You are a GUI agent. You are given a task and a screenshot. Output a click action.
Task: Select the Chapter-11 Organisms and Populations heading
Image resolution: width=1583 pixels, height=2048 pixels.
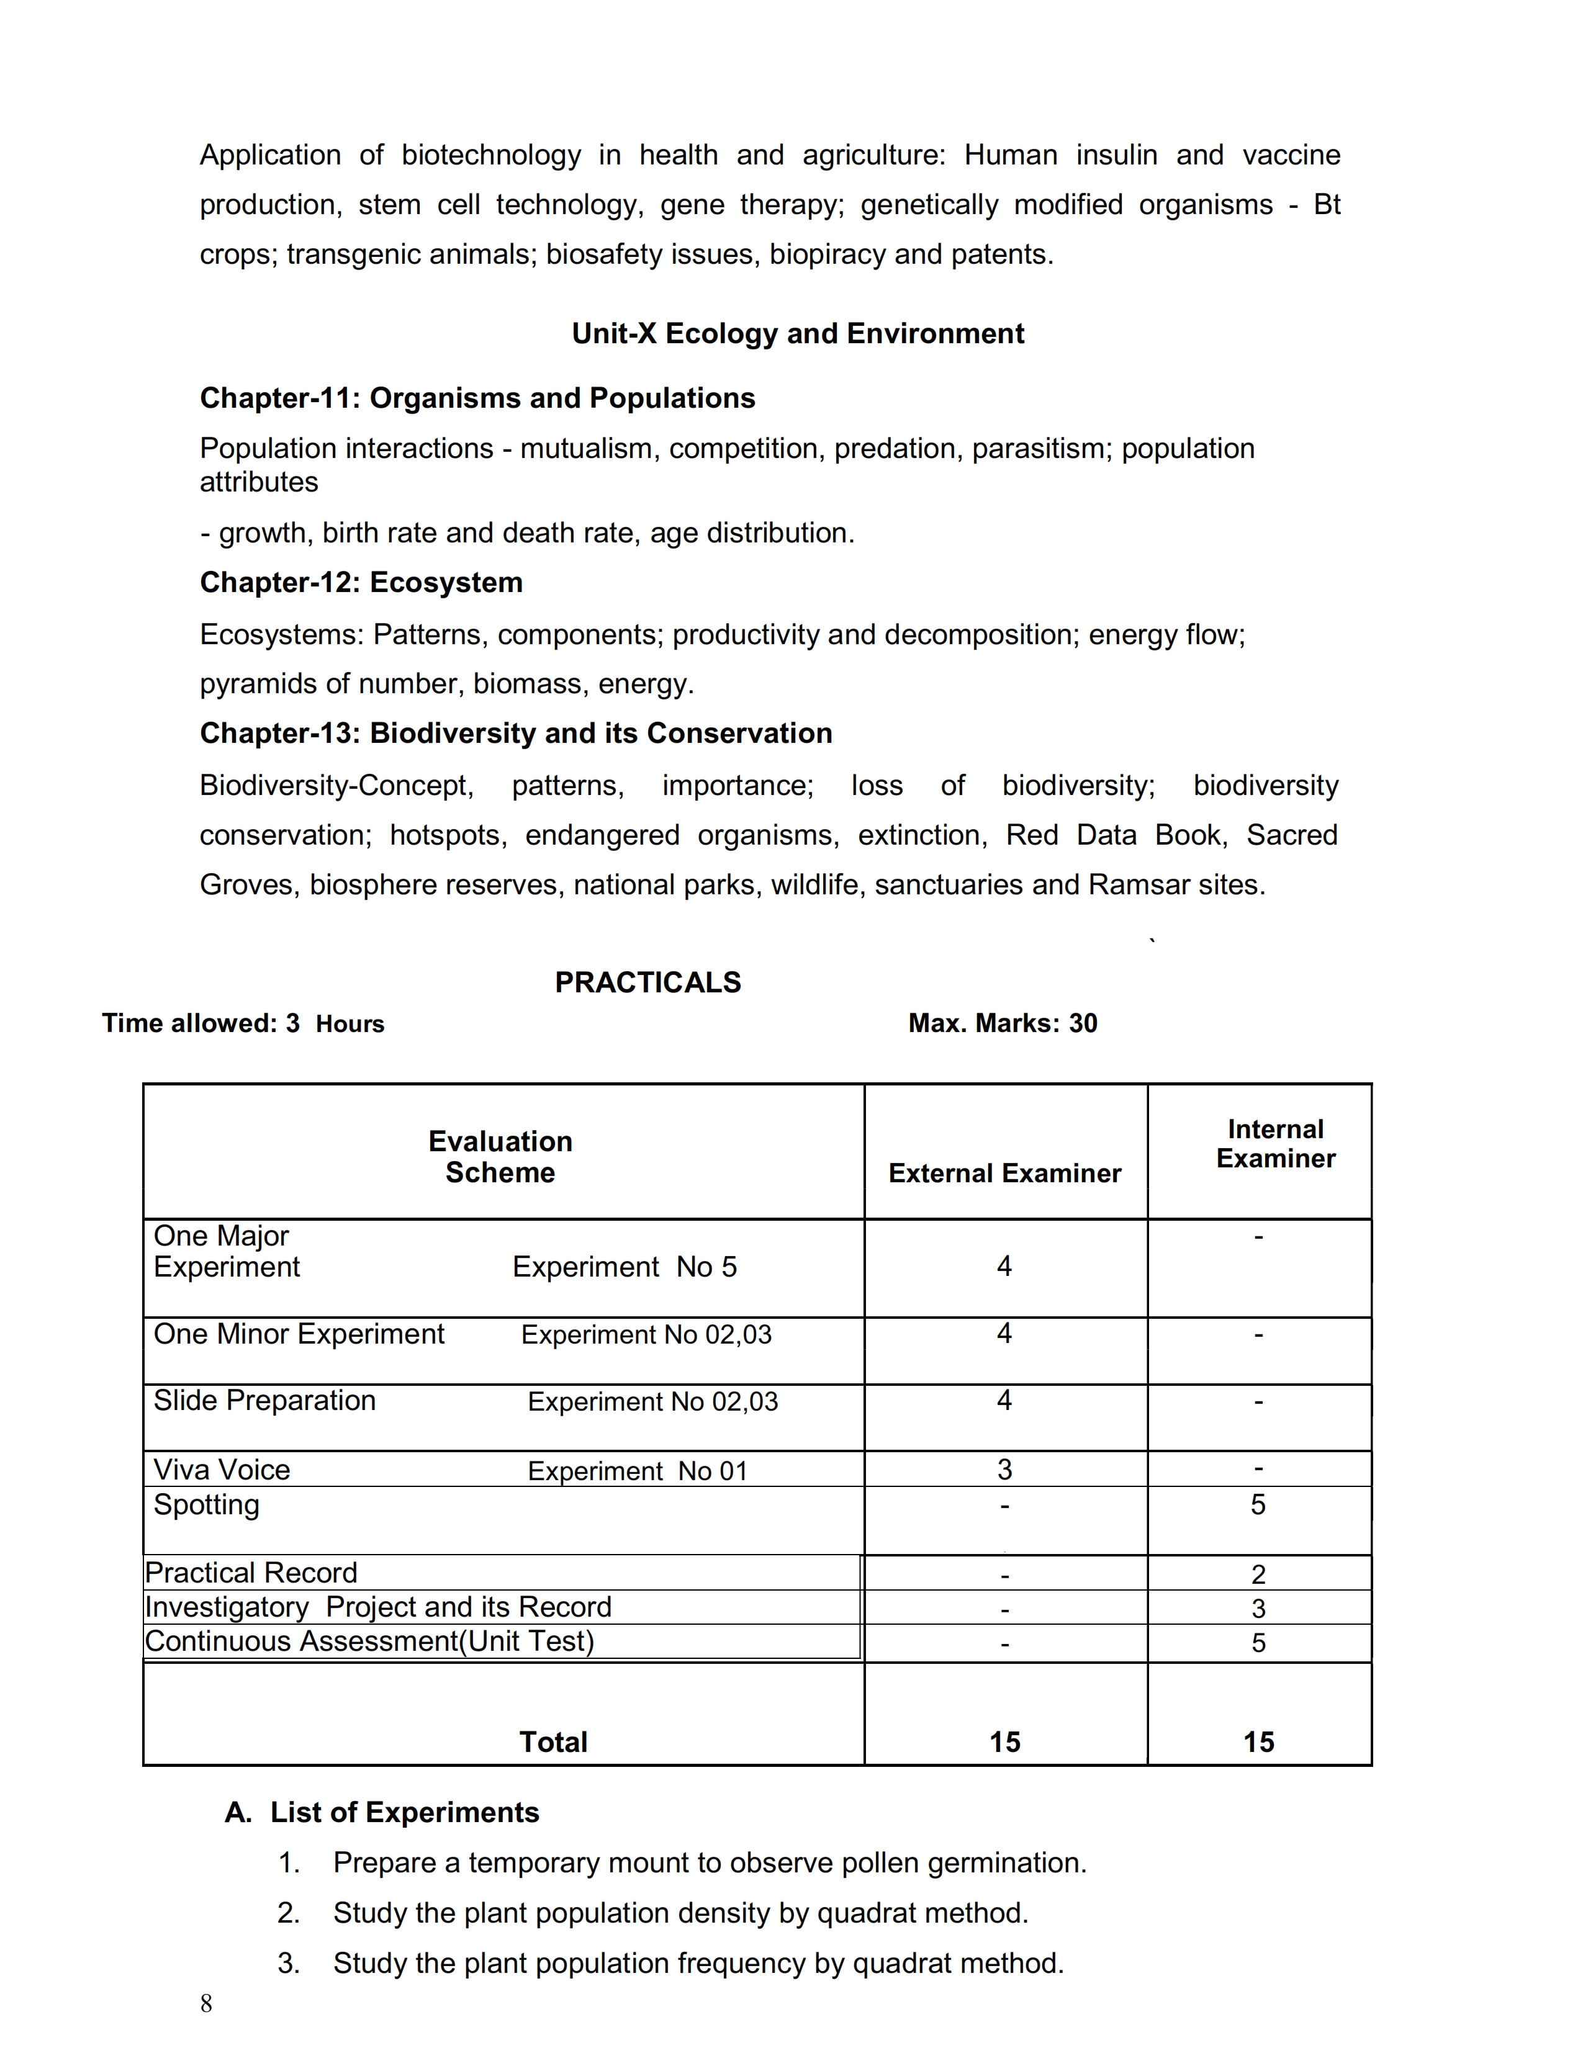tap(477, 398)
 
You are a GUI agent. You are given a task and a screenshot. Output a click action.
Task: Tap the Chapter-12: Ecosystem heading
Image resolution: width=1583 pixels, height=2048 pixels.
tap(361, 582)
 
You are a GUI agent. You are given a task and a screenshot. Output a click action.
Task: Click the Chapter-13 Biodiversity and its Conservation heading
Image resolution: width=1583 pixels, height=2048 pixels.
tap(516, 734)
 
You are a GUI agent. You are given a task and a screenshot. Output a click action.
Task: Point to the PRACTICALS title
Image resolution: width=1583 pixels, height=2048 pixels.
tap(648, 983)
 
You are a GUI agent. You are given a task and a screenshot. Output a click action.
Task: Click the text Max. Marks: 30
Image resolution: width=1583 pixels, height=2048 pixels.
tap(1003, 1023)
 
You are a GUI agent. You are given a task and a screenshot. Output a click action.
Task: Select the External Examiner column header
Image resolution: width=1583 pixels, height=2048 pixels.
tap(1004, 1173)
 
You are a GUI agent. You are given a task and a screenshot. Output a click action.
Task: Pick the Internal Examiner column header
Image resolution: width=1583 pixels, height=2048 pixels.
tap(1276, 1144)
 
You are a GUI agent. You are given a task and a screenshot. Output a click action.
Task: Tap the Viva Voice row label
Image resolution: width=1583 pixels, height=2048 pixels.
tap(222, 1470)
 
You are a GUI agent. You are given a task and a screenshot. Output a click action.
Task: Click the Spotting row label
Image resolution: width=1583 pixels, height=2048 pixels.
tap(206, 1505)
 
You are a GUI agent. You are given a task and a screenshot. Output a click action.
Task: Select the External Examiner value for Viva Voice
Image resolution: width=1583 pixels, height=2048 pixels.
tap(1004, 1470)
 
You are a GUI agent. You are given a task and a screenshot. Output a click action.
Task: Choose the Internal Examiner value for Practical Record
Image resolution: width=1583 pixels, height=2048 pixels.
tap(1258, 1574)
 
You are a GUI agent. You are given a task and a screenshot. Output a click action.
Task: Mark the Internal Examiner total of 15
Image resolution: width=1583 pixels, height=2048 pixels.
tap(1258, 1742)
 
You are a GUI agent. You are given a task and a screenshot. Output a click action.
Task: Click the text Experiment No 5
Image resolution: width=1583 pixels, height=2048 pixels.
tap(625, 1267)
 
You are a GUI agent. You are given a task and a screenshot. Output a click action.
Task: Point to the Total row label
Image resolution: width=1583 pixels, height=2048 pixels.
tap(553, 1742)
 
